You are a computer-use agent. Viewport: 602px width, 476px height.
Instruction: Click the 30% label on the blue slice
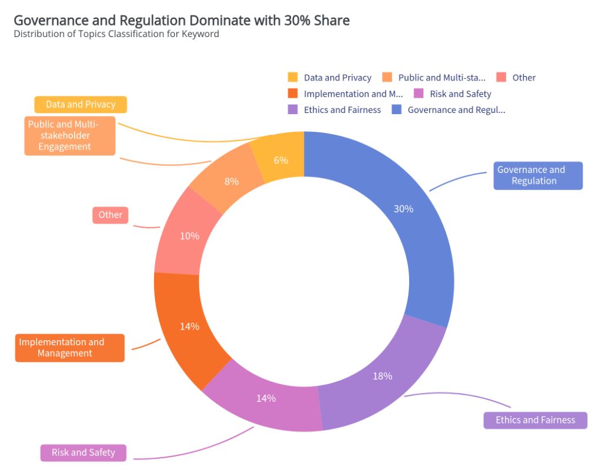403,209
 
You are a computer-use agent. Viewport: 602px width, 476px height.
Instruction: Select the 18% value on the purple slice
382,376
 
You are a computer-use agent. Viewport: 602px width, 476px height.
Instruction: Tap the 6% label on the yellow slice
281,160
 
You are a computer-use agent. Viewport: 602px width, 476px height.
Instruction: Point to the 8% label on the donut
232,182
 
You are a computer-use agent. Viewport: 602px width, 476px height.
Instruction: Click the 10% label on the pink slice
189,236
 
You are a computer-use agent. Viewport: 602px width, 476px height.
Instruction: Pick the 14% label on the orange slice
189,327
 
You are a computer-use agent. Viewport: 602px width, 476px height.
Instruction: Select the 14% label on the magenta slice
266,398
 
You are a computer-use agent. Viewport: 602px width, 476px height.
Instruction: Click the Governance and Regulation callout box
538,175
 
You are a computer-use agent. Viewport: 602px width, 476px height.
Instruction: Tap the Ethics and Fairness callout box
535,420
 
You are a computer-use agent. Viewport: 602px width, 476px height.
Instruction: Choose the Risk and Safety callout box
83,452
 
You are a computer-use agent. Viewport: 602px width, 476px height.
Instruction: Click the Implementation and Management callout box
69,348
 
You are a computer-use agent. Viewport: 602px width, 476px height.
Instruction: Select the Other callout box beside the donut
110,215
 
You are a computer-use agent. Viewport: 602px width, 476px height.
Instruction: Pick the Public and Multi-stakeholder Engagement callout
69,136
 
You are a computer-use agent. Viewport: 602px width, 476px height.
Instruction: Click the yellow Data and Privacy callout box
81,105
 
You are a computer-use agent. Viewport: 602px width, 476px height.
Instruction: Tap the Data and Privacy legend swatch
293,78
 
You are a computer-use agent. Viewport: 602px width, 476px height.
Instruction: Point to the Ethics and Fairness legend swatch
293,109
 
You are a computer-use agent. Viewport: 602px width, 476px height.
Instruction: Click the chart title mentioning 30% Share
182,21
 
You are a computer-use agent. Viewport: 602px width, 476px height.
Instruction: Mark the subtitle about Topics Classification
116,34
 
